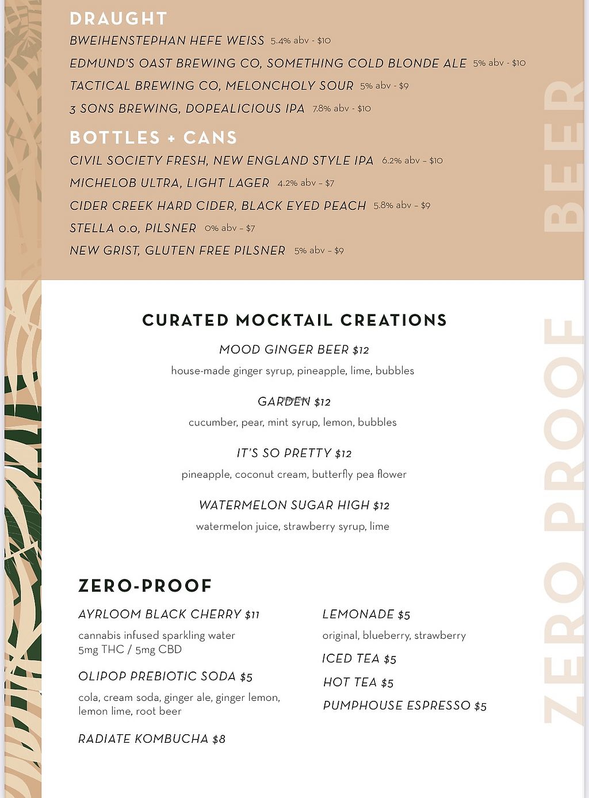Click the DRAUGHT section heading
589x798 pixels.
click(x=118, y=18)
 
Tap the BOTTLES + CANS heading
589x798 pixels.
click(x=153, y=137)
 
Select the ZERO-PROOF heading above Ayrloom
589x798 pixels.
click(x=145, y=586)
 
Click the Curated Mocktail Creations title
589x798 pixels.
click(x=294, y=320)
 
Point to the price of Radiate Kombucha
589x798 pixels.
click(x=219, y=739)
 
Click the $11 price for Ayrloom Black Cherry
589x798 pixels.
click(x=252, y=615)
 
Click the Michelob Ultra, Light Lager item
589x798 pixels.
click(x=169, y=183)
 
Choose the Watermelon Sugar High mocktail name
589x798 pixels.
click(x=284, y=505)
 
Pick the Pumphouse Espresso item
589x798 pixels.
click(x=397, y=705)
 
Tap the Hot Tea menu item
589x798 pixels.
click(x=350, y=682)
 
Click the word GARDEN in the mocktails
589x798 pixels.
click(x=284, y=401)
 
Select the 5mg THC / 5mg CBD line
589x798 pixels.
click(x=130, y=650)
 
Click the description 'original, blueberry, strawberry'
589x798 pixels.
click(x=394, y=635)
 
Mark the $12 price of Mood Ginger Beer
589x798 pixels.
click(x=361, y=350)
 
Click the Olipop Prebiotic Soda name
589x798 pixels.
click(x=157, y=676)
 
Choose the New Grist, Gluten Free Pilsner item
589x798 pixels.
click(x=177, y=251)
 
